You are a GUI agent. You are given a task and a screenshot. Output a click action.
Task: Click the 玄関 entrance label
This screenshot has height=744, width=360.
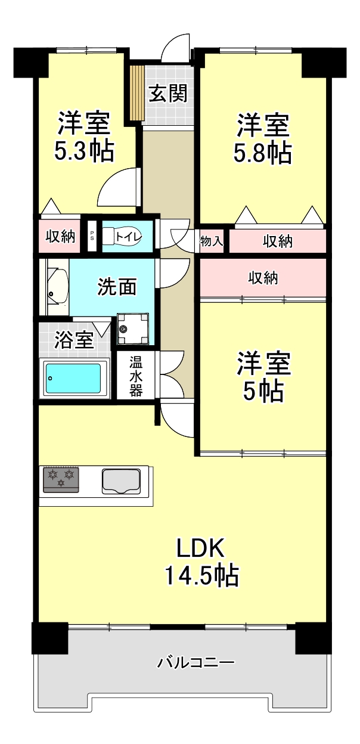coord(167,94)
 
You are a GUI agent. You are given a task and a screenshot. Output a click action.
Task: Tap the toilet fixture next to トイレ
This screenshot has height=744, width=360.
coord(123,237)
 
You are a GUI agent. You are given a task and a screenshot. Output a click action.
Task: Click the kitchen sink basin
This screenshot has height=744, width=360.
coord(121,481)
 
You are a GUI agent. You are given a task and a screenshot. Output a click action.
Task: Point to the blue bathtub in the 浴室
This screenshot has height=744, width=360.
coord(73,379)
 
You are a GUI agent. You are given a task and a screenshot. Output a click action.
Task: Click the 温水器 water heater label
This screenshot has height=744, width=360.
coord(136,376)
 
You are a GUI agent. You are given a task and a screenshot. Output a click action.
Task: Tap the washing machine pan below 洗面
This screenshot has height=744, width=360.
coord(132,329)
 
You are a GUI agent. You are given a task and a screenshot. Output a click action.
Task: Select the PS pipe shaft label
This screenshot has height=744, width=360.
coord(91,236)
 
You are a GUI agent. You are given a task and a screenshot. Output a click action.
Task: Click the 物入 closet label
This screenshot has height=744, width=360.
coord(211,241)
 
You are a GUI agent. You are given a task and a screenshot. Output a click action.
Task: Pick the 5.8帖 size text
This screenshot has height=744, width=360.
coord(262,153)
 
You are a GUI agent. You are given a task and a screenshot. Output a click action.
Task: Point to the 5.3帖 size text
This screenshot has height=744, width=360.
coord(84,150)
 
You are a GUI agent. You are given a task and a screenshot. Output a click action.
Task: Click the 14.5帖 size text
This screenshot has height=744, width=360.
coord(201,575)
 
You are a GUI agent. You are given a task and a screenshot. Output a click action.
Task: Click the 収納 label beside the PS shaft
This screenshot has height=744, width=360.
coord(60,237)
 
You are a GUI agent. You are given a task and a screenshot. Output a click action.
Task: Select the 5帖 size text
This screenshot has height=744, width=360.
coord(263,391)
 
